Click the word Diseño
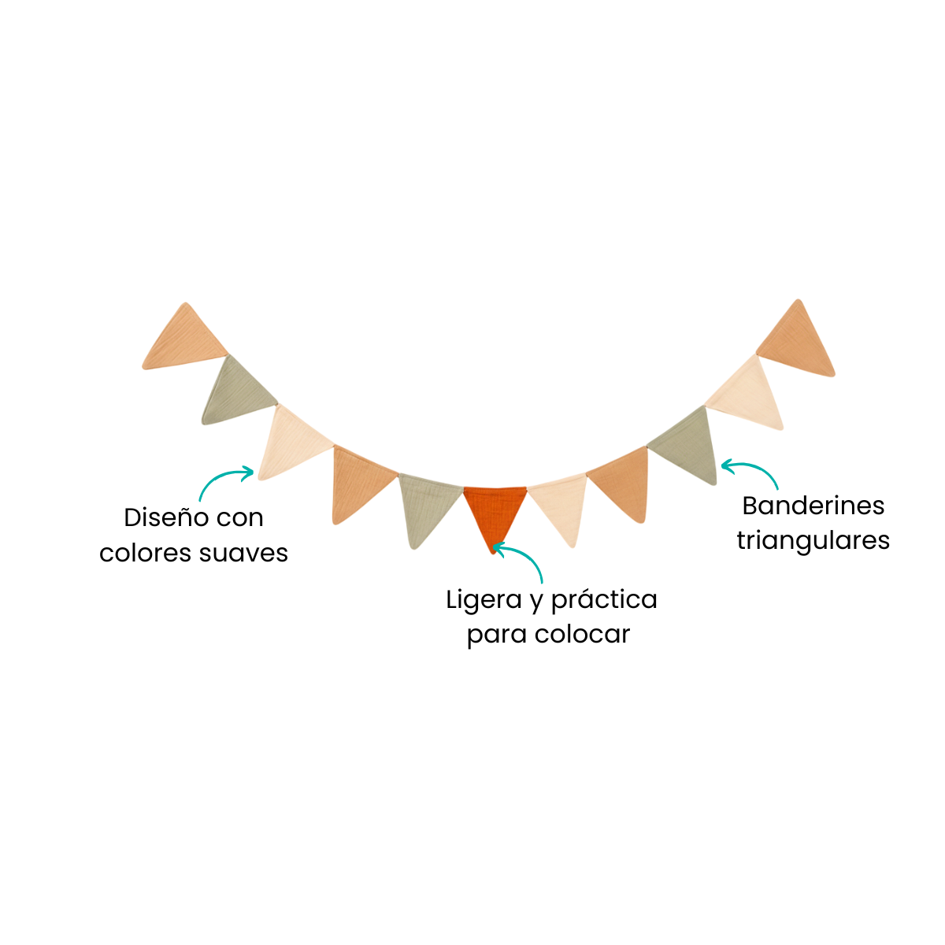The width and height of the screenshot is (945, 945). (x=162, y=518)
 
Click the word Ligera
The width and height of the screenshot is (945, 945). (x=483, y=601)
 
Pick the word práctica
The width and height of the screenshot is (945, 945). (x=604, y=601)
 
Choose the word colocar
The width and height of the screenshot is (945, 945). (x=582, y=634)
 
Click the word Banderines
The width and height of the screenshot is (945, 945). (x=813, y=506)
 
